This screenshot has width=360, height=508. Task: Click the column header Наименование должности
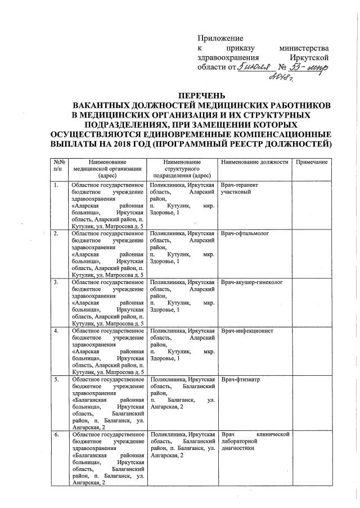point(254,162)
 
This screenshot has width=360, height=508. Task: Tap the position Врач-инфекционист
point(247,331)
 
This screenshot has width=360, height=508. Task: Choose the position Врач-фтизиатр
point(242,380)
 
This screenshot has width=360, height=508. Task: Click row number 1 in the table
point(56,186)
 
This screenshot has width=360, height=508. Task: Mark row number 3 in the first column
point(56,282)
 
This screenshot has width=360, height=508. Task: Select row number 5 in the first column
point(56,380)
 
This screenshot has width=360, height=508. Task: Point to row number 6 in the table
point(56,435)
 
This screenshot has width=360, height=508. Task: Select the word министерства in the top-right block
point(308,48)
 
